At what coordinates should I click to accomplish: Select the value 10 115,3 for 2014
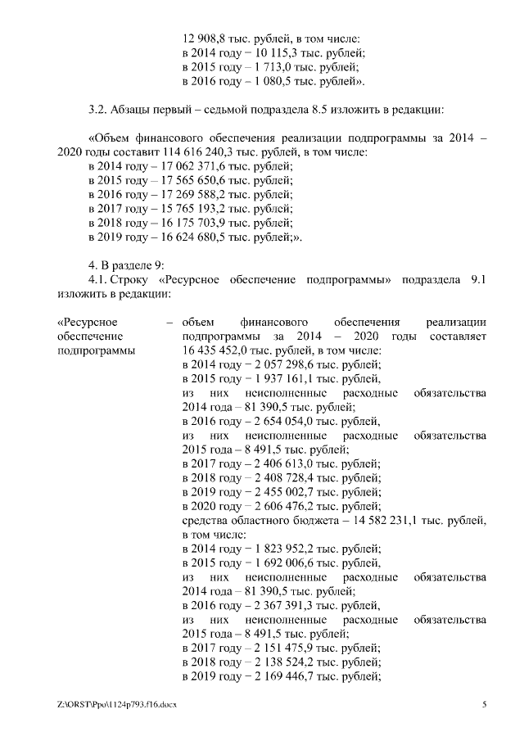pyautogui.click(x=268, y=52)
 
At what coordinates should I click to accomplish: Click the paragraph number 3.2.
pyautogui.click(x=97, y=108)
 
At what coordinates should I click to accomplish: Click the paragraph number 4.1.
pyautogui.click(x=98, y=280)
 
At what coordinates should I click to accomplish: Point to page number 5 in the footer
pyautogui.click(x=484, y=705)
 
